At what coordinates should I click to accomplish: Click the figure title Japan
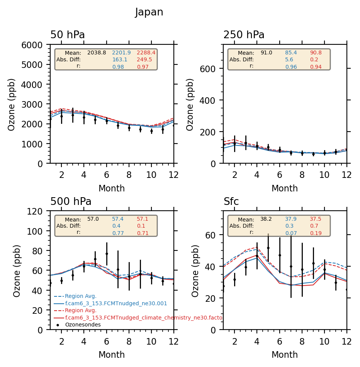(x=149, y=12)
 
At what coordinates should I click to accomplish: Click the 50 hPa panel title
(x=68, y=35)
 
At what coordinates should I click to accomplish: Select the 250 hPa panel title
(x=244, y=35)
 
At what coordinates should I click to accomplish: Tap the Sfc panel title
(x=231, y=202)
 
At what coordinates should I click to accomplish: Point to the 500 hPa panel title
(x=71, y=202)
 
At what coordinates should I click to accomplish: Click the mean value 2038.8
(x=97, y=52)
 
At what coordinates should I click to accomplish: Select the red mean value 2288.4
(x=146, y=52)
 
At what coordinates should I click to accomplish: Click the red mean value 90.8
(x=316, y=52)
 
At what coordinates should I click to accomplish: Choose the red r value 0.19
(x=316, y=233)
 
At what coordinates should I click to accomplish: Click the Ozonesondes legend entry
(x=83, y=325)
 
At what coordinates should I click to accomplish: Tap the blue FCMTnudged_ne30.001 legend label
(x=116, y=304)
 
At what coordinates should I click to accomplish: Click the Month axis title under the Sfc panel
(x=285, y=355)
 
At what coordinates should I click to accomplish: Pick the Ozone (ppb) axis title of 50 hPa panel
(x=12, y=104)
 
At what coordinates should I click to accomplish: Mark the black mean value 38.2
(x=266, y=219)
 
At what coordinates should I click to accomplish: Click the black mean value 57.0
(x=93, y=219)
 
